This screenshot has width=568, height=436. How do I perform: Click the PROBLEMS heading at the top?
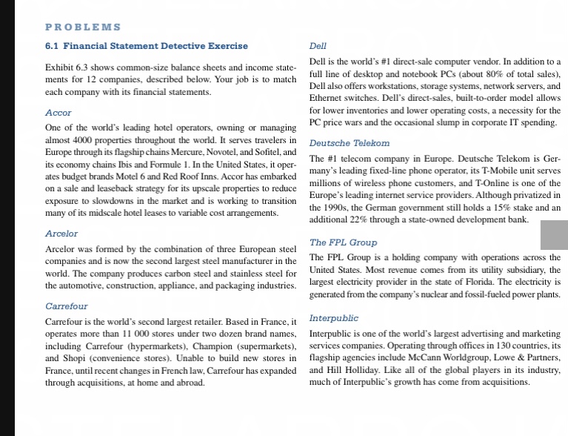coord(83,27)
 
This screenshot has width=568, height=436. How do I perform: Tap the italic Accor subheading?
coord(59,113)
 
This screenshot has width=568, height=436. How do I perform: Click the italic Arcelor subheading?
coord(61,234)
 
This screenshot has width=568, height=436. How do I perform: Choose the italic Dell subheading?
coord(318,46)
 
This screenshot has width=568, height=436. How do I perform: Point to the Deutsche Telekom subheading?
coord(349,142)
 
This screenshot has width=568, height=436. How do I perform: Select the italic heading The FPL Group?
coord(343,242)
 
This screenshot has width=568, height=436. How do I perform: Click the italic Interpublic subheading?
coord(333,318)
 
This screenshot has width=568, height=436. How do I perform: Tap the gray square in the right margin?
coord(554,234)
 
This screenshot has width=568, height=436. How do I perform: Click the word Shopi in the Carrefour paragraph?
coord(73,358)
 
